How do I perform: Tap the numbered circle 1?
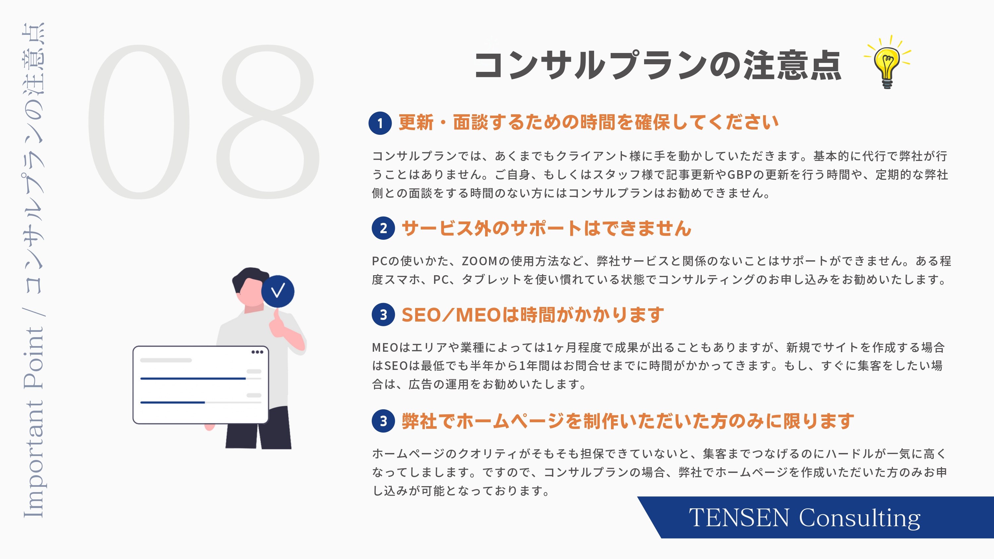click(380, 123)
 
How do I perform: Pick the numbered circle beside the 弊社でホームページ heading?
click(383, 421)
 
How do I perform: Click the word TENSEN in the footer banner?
click(739, 517)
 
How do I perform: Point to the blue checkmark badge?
click(278, 291)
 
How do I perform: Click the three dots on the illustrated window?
click(257, 352)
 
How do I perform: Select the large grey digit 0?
click(139, 122)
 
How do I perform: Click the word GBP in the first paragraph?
click(739, 175)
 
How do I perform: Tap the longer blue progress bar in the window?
click(193, 379)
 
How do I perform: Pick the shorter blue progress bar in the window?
click(173, 402)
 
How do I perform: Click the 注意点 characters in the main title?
click(793, 66)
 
